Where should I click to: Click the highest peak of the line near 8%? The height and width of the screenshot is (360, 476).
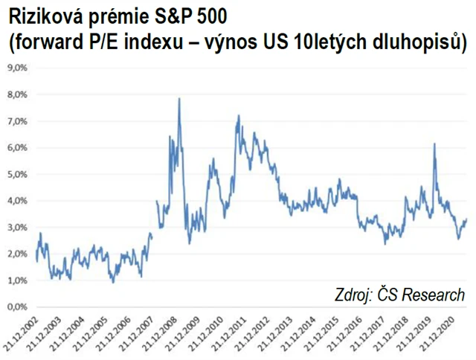click(179, 99)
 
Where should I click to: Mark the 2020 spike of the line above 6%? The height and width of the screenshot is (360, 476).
click(434, 144)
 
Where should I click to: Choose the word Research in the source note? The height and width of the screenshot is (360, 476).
click(430, 294)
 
